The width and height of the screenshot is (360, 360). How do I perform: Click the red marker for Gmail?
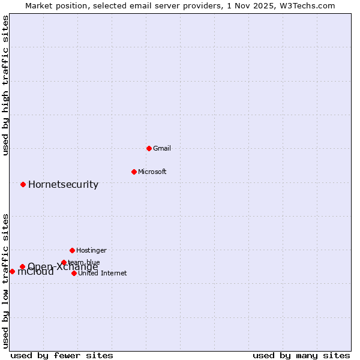pos(149,148)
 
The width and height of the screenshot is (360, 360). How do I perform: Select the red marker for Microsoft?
pos(134,172)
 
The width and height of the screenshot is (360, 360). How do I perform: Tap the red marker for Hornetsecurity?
pos(23,184)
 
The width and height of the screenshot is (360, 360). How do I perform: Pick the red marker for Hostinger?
pos(72,250)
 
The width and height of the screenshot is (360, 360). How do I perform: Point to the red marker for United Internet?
pos(74,273)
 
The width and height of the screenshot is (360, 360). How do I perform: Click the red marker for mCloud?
pos(12,271)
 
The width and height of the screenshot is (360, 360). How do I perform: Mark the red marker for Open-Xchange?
pos(22,266)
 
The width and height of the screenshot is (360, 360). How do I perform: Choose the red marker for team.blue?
pos(64,262)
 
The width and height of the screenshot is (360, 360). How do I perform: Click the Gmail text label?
pos(162,148)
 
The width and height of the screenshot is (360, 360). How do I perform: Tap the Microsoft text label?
pos(152,172)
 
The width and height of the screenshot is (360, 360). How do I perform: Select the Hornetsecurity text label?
pos(63,184)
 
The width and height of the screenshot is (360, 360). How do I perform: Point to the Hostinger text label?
pos(91,250)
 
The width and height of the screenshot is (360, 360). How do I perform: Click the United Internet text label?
pos(102,273)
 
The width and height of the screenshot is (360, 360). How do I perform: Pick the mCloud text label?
pos(36,272)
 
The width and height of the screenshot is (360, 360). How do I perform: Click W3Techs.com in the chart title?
pos(305,5)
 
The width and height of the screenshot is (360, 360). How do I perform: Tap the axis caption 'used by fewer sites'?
pos(62,355)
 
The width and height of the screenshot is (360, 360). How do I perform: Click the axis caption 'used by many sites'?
pos(301,355)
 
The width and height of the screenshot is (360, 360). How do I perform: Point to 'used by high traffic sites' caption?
pos(5,85)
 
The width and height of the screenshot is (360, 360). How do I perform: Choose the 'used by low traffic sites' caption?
pos(5,280)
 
